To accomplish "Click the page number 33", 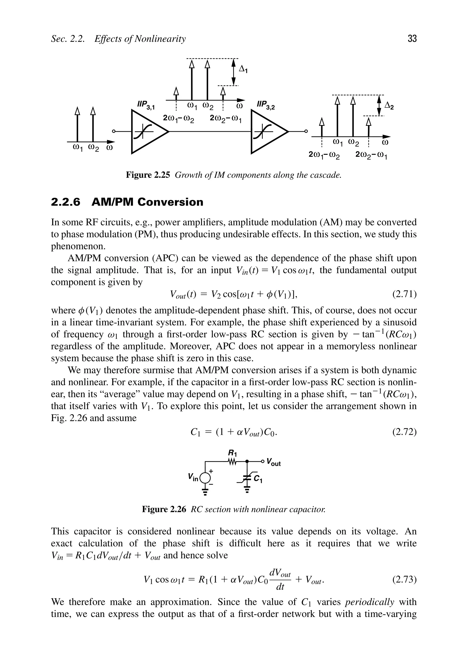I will [412, 38].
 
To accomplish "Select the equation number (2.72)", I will [404, 432].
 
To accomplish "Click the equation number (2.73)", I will [404, 580].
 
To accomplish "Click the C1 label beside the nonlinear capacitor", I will [258, 479].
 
